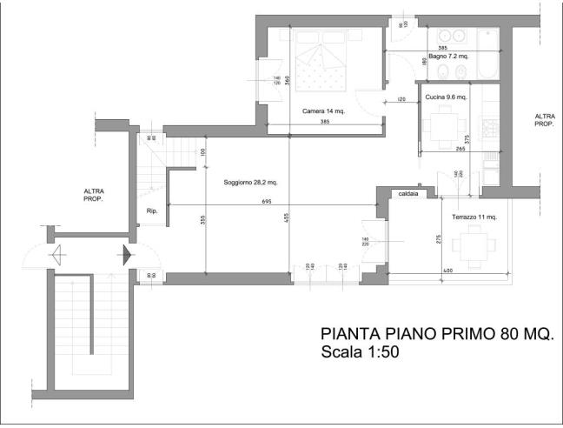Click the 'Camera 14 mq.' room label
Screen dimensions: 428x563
[x=323, y=110]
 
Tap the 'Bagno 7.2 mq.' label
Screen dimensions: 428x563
[x=448, y=57]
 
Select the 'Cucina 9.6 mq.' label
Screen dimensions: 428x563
[x=447, y=97]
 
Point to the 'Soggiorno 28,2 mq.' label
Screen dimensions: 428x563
[x=250, y=183]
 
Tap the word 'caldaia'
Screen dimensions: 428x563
[x=408, y=195]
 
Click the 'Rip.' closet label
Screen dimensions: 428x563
[x=151, y=211]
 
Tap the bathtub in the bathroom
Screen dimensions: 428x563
[x=486, y=52]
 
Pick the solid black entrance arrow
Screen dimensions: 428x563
[x=126, y=255]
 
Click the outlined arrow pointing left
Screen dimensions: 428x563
[x=59, y=255]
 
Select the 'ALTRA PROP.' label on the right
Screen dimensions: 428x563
[x=545, y=120]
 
